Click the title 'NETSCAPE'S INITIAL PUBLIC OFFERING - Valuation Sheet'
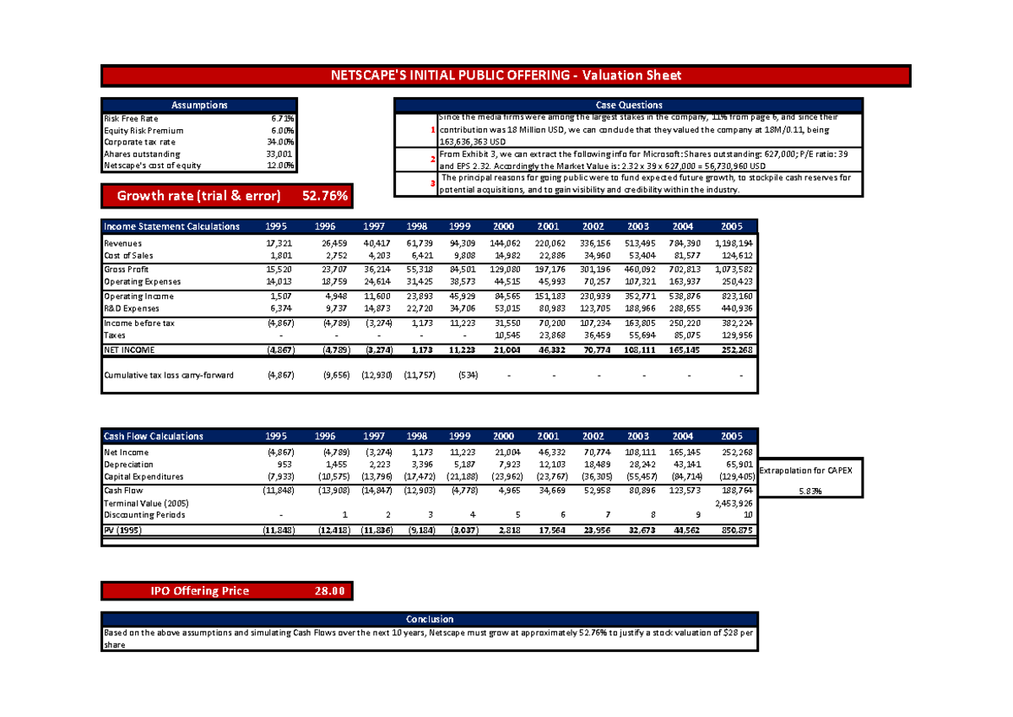[x=506, y=76]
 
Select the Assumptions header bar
[x=199, y=105]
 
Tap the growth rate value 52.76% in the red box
[x=324, y=197]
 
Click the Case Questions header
[x=628, y=105]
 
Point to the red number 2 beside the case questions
[x=432, y=160]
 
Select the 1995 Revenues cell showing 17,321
[x=277, y=243]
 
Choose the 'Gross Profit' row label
[x=127, y=269]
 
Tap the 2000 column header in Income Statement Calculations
[x=502, y=226]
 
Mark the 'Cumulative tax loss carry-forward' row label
[x=169, y=375]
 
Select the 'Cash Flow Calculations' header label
[x=153, y=437]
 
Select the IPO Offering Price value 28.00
[x=328, y=591]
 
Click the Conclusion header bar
[x=430, y=619]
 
